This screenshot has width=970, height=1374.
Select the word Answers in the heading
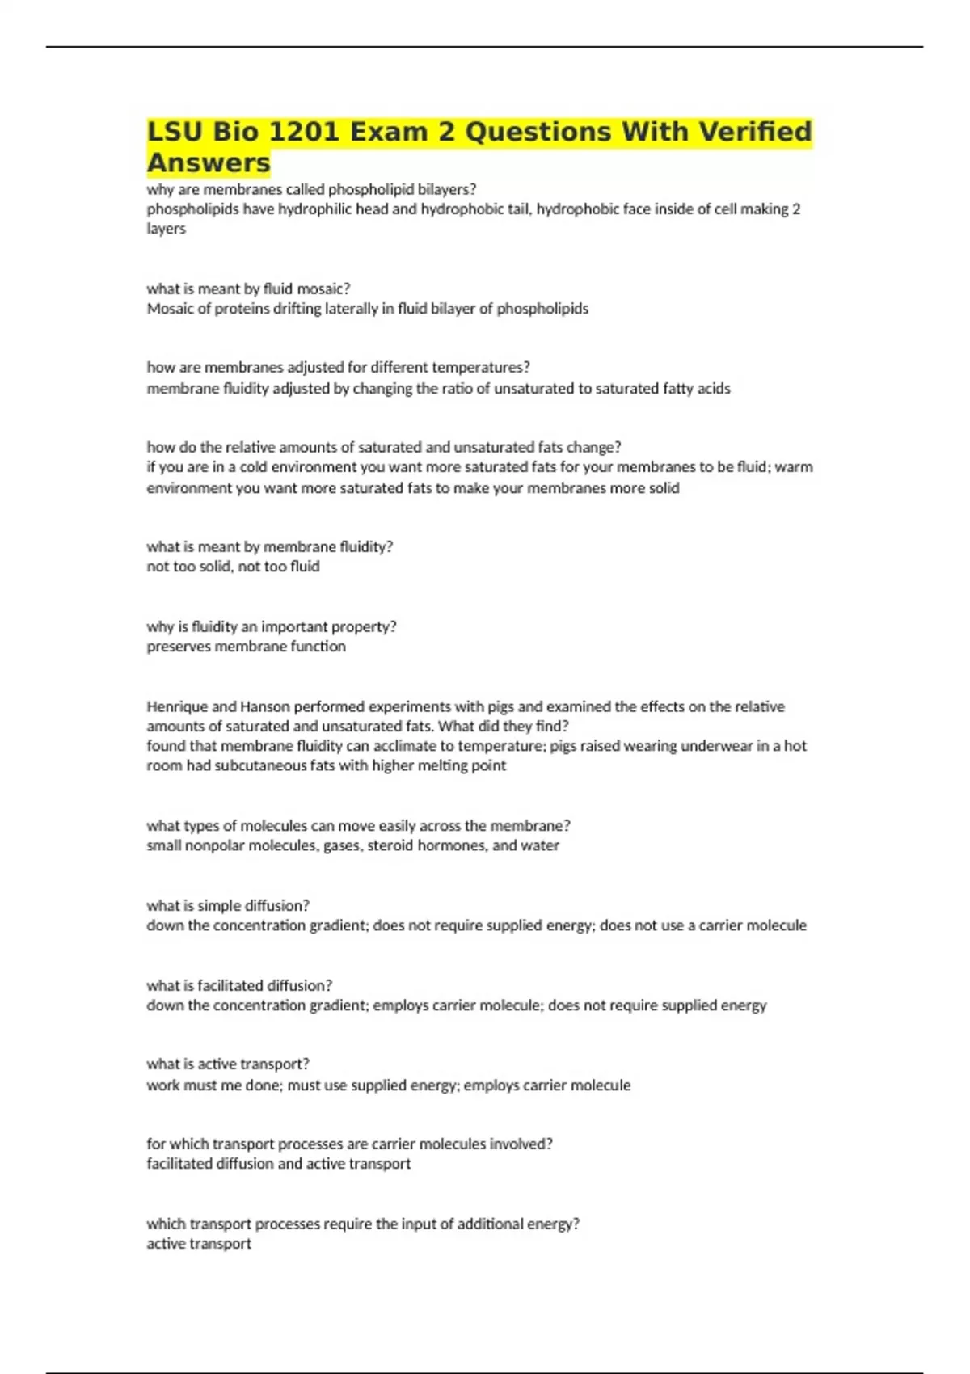(209, 162)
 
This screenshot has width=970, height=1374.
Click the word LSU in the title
(175, 132)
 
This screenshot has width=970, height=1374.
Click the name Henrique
(177, 706)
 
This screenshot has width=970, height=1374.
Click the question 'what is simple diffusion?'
(228, 905)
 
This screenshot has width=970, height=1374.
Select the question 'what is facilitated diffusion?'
(239, 985)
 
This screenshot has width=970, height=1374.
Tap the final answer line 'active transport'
(199, 1244)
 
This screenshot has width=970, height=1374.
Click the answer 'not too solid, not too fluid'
(233, 567)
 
